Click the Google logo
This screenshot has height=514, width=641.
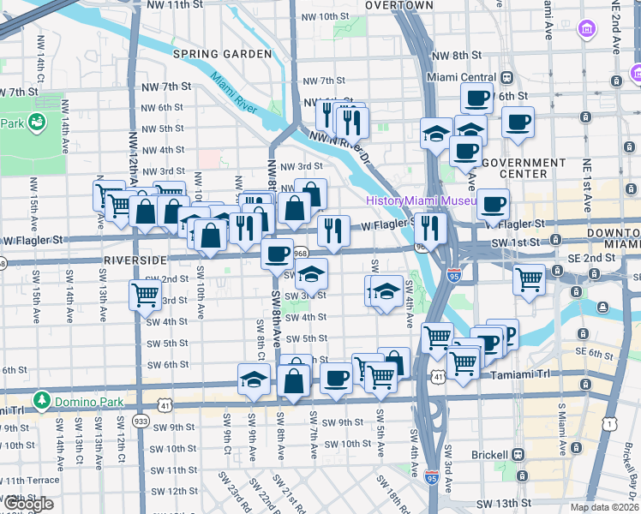(x=27, y=504)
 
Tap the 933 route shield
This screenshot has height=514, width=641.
(x=141, y=421)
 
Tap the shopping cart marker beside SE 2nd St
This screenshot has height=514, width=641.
(x=529, y=278)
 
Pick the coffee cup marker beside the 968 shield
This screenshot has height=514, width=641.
(x=278, y=254)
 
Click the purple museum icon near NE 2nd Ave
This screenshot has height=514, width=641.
(x=587, y=30)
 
